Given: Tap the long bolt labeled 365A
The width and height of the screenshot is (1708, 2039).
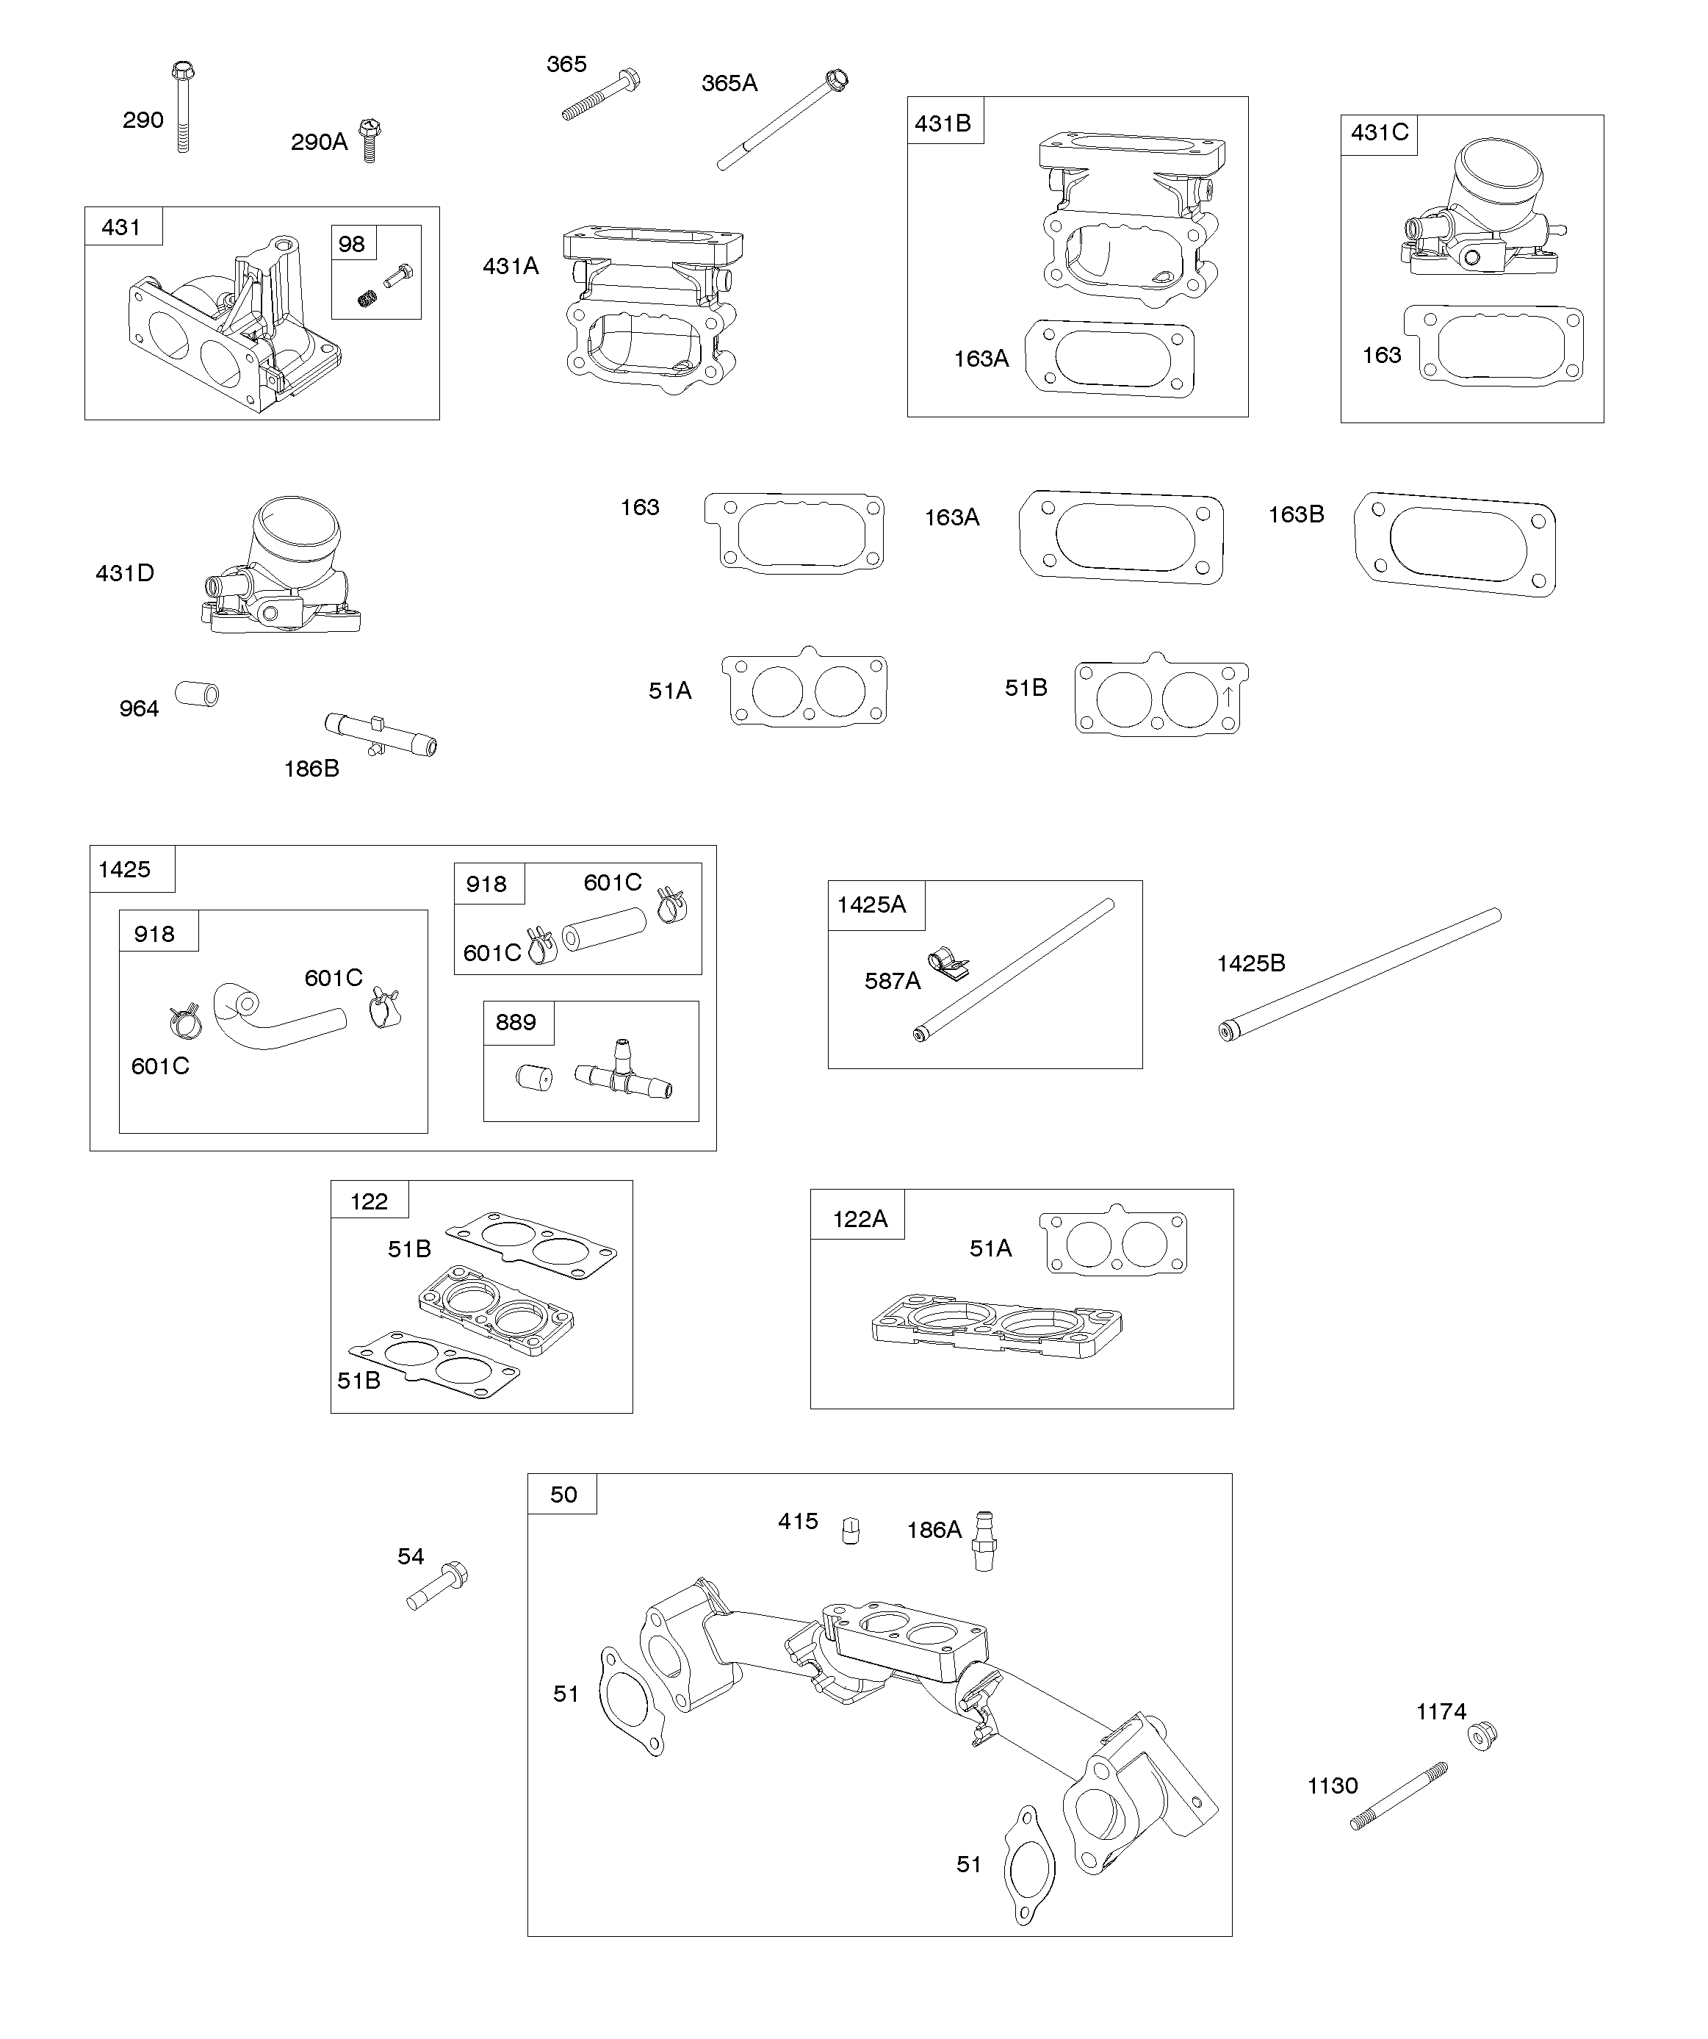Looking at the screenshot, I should pos(782,121).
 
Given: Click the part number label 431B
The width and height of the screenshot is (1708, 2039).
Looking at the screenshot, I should pos(943,123).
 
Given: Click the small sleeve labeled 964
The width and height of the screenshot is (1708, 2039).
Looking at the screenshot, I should pos(197,694).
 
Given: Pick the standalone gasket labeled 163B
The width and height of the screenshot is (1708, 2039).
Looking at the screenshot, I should pos(1455,544).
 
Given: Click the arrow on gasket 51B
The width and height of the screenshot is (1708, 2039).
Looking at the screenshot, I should pos(1228,696).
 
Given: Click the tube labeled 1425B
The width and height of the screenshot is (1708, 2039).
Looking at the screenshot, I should pos(1359,974).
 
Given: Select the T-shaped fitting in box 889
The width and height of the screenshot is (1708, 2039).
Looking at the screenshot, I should pos(622,1075).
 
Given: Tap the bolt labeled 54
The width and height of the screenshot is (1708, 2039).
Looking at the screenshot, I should pos(437,1585).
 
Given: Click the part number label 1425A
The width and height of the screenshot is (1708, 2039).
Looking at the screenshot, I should pos(872,905).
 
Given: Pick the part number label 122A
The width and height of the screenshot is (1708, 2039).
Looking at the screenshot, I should pos(860,1218).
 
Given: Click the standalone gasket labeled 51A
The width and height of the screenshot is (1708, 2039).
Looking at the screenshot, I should pos(804,689).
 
